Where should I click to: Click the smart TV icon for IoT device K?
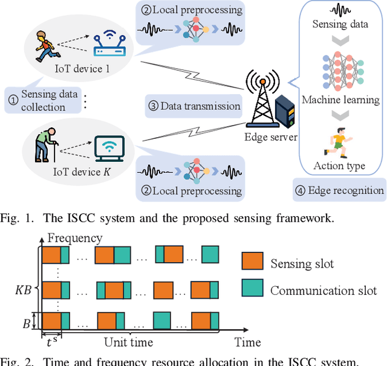109,147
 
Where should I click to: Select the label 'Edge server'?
270,138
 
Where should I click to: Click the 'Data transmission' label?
194,106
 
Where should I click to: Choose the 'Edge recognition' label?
339,190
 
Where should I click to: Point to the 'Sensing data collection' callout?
42,100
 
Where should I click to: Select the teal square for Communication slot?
252,289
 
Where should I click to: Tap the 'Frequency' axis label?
75,237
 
